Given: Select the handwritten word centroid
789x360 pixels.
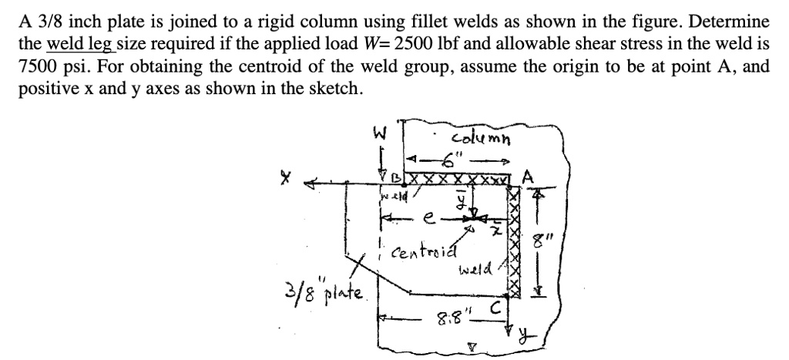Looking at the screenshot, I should [x=425, y=252].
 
